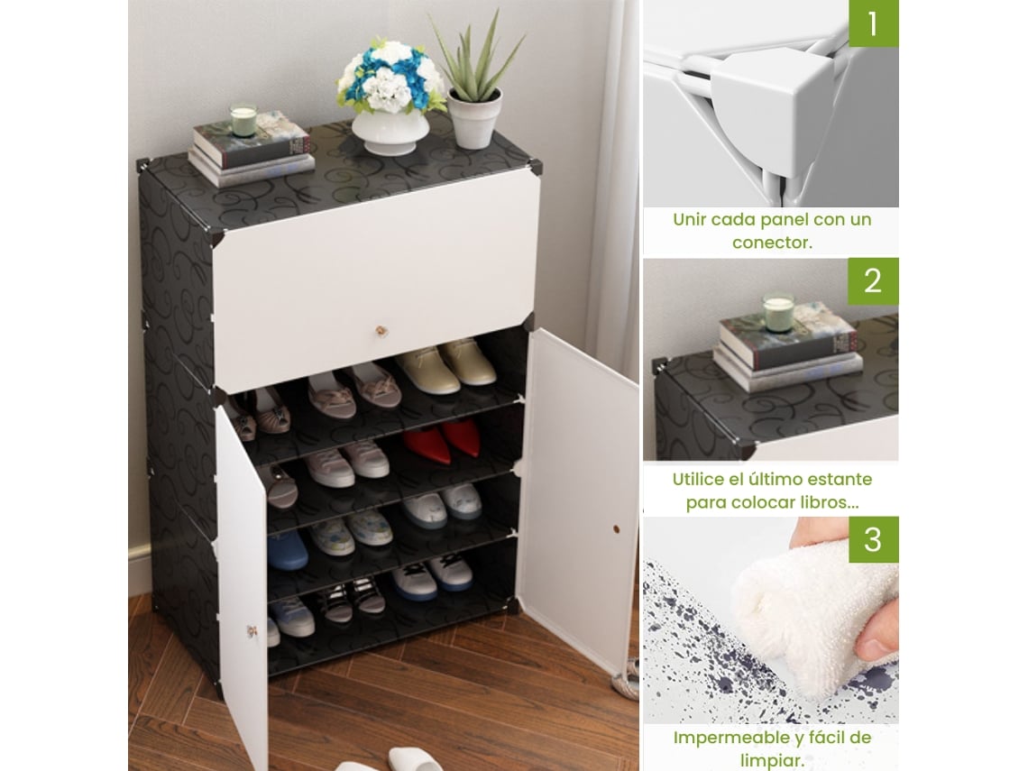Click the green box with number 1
pyautogui.click(x=873, y=23)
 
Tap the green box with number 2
pyautogui.click(x=873, y=281)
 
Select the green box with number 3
pyautogui.click(x=873, y=539)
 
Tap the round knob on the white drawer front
pyautogui.click(x=380, y=331)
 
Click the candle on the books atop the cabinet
pyautogui.click(x=243, y=119)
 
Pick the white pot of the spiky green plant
pyautogui.click(x=474, y=119)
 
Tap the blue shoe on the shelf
pyautogui.click(x=287, y=549)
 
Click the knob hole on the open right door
pyautogui.click(x=616, y=528)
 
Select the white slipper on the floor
pyautogui.click(x=414, y=759)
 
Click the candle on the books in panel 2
pyautogui.click(x=778, y=310)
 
